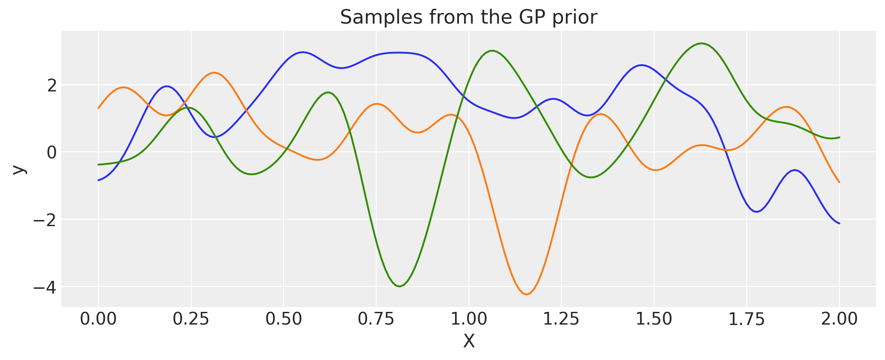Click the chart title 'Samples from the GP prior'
(468, 17)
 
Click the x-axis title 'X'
(469, 342)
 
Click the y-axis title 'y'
(18, 169)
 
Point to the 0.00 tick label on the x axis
(98, 319)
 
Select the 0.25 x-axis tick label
(191, 319)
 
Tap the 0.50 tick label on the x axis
(283, 319)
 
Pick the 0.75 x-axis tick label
(376, 319)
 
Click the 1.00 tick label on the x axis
(469, 319)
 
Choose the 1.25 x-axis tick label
(561, 319)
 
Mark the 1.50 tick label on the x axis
(654, 319)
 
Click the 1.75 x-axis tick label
(746, 319)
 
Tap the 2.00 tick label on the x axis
(839, 319)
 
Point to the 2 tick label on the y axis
(52, 86)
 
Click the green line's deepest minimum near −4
(399, 287)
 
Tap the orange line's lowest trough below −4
(527, 294)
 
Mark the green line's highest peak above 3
(702, 43)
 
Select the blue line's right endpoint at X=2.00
(839, 224)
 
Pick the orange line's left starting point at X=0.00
(98, 108)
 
